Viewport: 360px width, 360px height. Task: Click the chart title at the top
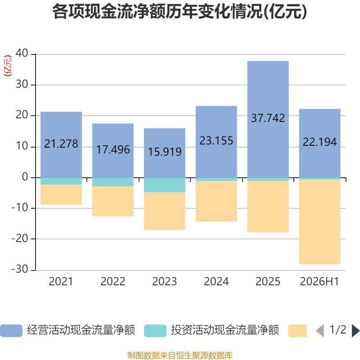click(x=180, y=12)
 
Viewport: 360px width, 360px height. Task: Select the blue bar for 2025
click(x=268, y=119)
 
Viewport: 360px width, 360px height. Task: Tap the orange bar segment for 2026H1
click(x=319, y=222)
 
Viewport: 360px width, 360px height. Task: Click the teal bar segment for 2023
click(x=165, y=185)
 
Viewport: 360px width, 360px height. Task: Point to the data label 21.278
click(x=61, y=144)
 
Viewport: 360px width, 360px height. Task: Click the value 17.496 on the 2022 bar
click(x=113, y=150)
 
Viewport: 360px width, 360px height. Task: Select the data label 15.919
click(x=165, y=152)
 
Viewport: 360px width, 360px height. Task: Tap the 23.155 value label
click(x=216, y=141)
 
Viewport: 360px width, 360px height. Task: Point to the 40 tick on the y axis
click(x=22, y=53)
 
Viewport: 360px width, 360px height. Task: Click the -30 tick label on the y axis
click(x=20, y=269)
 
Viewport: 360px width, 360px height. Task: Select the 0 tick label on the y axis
click(x=25, y=177)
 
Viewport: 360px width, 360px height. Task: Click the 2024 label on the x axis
click(x=216, y=282)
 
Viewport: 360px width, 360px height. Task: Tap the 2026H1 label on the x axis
click(x=319, y=282)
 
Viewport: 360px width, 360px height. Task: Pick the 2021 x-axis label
click(x=61, y=282)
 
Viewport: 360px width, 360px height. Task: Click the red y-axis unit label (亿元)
click(x=8, y=66)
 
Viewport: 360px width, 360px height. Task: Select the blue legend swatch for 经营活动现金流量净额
click(x=11, y=331)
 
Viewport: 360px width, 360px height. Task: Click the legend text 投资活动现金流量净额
click(x=225, y=330)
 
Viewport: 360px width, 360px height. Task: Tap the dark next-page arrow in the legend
click(x=356, y=331)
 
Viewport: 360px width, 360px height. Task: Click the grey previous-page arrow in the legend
click(x=320, y=331)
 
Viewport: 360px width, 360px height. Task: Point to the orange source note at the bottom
click(x=180, y=355)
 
